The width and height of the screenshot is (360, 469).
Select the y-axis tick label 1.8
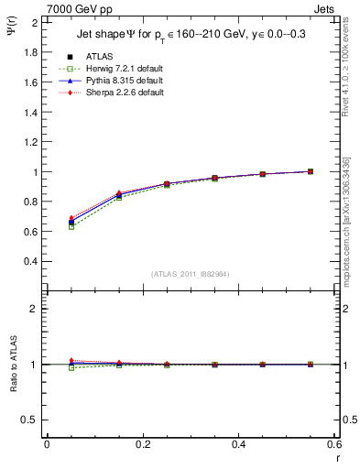click(x=31, y=52)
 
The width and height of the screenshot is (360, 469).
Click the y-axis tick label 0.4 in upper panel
click(x=31, y=261)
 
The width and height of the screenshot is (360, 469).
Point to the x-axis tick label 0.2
click(x=142, y=444)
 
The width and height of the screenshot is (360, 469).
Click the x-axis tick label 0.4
click(x=238, y=444)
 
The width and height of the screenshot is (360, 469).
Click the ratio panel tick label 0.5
click(x=31, y=420)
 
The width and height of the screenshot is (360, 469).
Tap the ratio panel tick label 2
click(x=35, y=309)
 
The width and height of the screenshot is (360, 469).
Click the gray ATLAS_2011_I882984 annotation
click(x=190, y=273)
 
